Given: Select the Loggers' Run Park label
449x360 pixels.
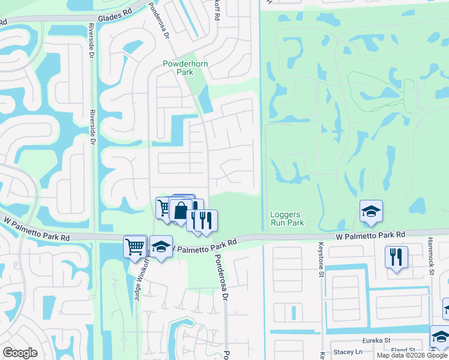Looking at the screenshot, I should [x=287, y=218].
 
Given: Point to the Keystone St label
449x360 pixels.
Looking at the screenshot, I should [x=318, y=254].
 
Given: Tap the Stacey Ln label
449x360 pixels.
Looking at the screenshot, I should [x=351, y=351].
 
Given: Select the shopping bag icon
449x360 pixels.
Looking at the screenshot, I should [x=181, y=211].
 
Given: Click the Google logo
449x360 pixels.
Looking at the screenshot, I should [x=20, y=353].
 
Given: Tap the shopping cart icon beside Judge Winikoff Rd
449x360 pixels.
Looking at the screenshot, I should [x=135, y=245].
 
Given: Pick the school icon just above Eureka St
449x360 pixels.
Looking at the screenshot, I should [x=441, y=336].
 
